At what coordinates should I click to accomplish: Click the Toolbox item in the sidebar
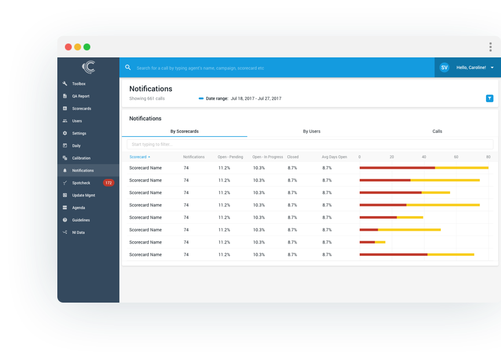click(78, 84)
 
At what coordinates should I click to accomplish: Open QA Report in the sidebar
click(81, 96)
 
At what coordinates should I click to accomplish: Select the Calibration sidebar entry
click(81, 158)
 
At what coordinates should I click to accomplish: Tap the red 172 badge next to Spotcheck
click(108, 183)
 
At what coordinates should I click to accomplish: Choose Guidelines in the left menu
click(81, 220)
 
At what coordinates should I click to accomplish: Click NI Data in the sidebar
click(78, 232)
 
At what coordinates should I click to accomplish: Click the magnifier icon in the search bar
click(128, 68)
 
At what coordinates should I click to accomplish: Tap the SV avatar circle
click(444, 68)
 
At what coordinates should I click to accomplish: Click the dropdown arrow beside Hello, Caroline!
click(492, 68)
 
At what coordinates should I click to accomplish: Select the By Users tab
click(312, 132)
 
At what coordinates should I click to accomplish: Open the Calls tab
click(437, 132)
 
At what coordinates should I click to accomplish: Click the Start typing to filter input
click(310, 144)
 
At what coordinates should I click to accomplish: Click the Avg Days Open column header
click(334, 157)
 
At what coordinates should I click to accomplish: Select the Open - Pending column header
click(231, 157)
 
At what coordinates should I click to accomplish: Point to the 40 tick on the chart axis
click(424, 157)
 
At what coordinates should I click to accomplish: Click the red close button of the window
click(68, 47)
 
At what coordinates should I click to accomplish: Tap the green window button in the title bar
click(87, 47)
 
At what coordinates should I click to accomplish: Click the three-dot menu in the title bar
click(491, 47)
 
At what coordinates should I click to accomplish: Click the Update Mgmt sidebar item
click(83, 195)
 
